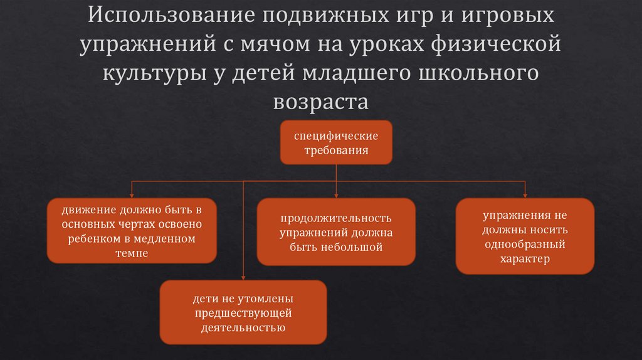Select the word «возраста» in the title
click(321, 102)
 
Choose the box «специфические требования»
click(336, 143)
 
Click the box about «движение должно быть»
click(132, 231)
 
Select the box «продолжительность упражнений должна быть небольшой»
click(336, 232)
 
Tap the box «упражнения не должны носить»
click(525, 236)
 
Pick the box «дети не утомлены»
click(243, 312)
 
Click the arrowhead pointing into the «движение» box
click(132, 195)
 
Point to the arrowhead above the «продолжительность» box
click(336, 195)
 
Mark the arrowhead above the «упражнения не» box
click(525, 195)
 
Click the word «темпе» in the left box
click(132, 253)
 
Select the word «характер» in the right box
click(525, 258)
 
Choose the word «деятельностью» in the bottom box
click(243, 327)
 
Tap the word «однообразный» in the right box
click(525, 243)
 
